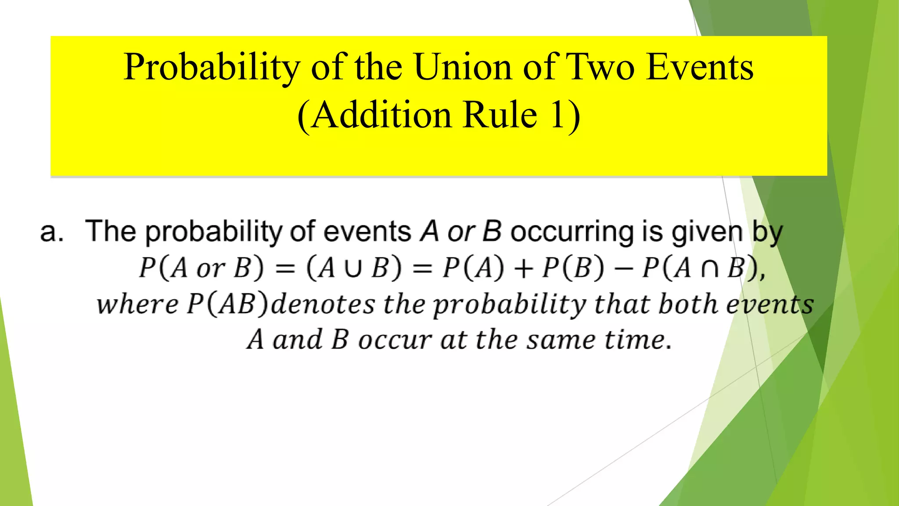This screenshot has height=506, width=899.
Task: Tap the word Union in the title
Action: (x=463, y=67)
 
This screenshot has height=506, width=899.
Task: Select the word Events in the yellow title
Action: (x=700, y=67)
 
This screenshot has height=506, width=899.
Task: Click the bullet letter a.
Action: (x=52, y=232)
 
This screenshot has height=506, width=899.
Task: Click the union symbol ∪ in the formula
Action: (x=353, y=268)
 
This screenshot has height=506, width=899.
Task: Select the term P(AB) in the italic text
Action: (x=227, y=304)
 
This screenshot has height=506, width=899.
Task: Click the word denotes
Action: (x=323, y=304)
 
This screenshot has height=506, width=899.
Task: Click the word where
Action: (x=137, y=304)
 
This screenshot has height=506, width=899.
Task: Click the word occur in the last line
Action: (x=395, y=340)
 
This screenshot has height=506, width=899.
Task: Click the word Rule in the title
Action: (x=500, y=115)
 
